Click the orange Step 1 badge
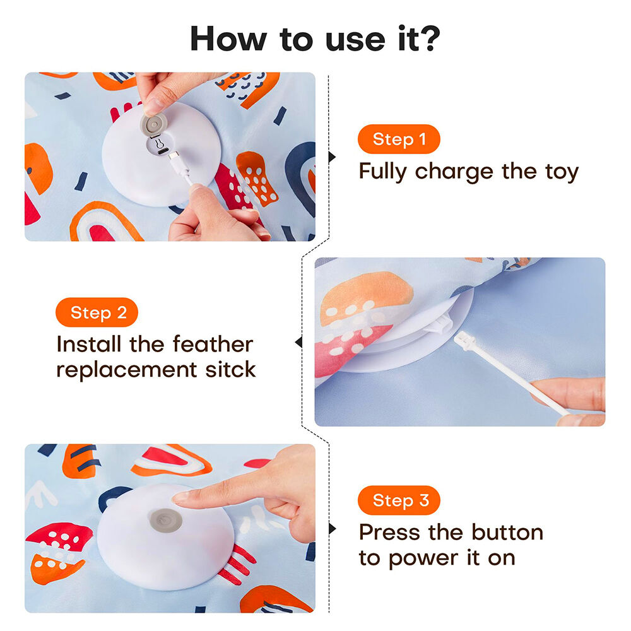(399, 139)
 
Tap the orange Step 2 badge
(97, 312)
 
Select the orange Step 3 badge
(399, 500)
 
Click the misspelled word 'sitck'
(230, 369)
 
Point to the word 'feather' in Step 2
(213, 345)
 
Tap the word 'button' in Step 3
(507, 533)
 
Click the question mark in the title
(429, 38)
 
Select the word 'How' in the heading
(228, 38)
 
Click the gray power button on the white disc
(165, 521)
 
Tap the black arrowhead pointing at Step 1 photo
(332, 156)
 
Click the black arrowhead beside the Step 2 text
(298, 343)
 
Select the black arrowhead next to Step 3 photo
(332, 528)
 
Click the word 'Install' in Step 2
(88, 345)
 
